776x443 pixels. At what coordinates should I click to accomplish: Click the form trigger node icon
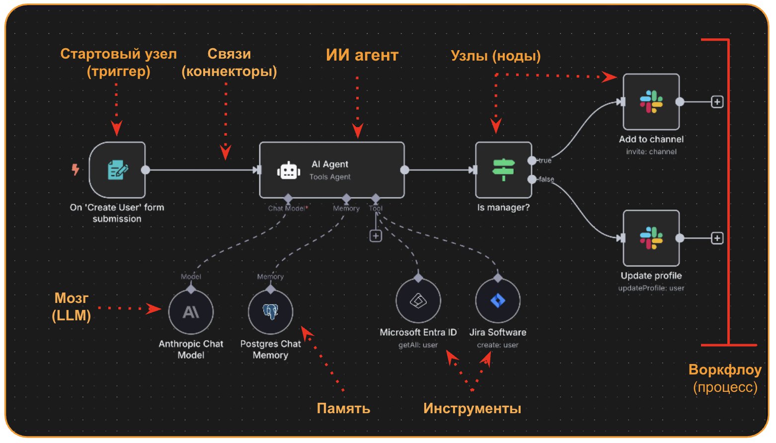pos(117,170)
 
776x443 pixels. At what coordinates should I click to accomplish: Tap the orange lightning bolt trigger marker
pos(75,169)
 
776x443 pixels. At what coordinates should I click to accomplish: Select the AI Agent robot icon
pos(288,171)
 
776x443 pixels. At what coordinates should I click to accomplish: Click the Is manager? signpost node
pos(503,170)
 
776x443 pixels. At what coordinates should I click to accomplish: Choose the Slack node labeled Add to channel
pos(651,102)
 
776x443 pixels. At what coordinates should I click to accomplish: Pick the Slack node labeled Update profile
pos(651,238)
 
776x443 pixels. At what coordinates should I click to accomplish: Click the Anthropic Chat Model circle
pos(191,312)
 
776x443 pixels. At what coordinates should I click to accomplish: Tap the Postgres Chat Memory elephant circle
pos(270,312)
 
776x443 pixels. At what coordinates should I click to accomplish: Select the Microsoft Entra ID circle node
pos(418,301)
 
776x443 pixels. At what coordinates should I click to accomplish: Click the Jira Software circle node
pos(497,301)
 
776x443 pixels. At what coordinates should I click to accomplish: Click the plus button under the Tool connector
pos(376,236)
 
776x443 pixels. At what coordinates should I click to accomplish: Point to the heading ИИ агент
pos(362,55)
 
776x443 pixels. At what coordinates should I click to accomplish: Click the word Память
pos(343,408)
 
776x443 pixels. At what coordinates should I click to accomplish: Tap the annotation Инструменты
pos(472,408)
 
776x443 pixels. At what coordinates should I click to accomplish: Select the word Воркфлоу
pos(724,370)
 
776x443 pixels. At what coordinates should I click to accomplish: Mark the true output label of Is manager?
pos(545,160)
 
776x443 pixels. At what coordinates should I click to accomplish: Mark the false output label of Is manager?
pos(546,179)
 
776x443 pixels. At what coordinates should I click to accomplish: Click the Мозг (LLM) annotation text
pos(72,306)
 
